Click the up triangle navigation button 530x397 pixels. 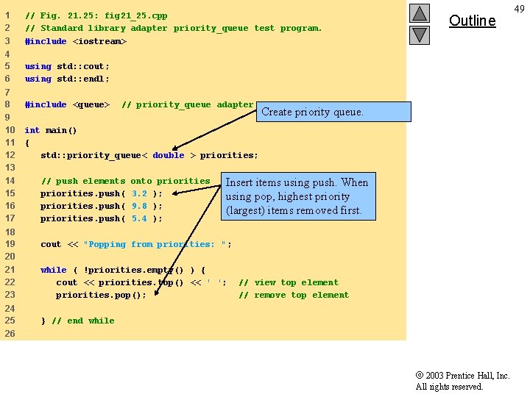click(x=420, y=13)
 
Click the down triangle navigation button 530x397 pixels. click(x=420, y=34)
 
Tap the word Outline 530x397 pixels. click(x=472, y=21)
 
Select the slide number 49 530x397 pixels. click(x=519, y=8)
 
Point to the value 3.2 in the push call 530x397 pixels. click(x=140, y=193)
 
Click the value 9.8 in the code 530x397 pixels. click(x=140, y=206)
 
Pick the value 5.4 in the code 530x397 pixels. click(x=140, y=218)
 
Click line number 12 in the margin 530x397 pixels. click(x=10, y=155)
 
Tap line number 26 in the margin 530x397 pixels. click(x=10, y=333)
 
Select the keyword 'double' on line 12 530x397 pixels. click(x=169, y=155)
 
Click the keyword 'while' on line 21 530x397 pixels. click(x=54, y=270)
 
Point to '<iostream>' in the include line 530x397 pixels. click(x=99, y=41)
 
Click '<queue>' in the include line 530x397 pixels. click(x=91, y=104)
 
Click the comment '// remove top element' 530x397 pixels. click(x=294, y=295)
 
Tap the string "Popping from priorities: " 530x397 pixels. click(x=158, y=244)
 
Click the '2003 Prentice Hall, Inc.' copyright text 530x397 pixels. click(x=462, y=376)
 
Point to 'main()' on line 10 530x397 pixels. click(x=62, y=130)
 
